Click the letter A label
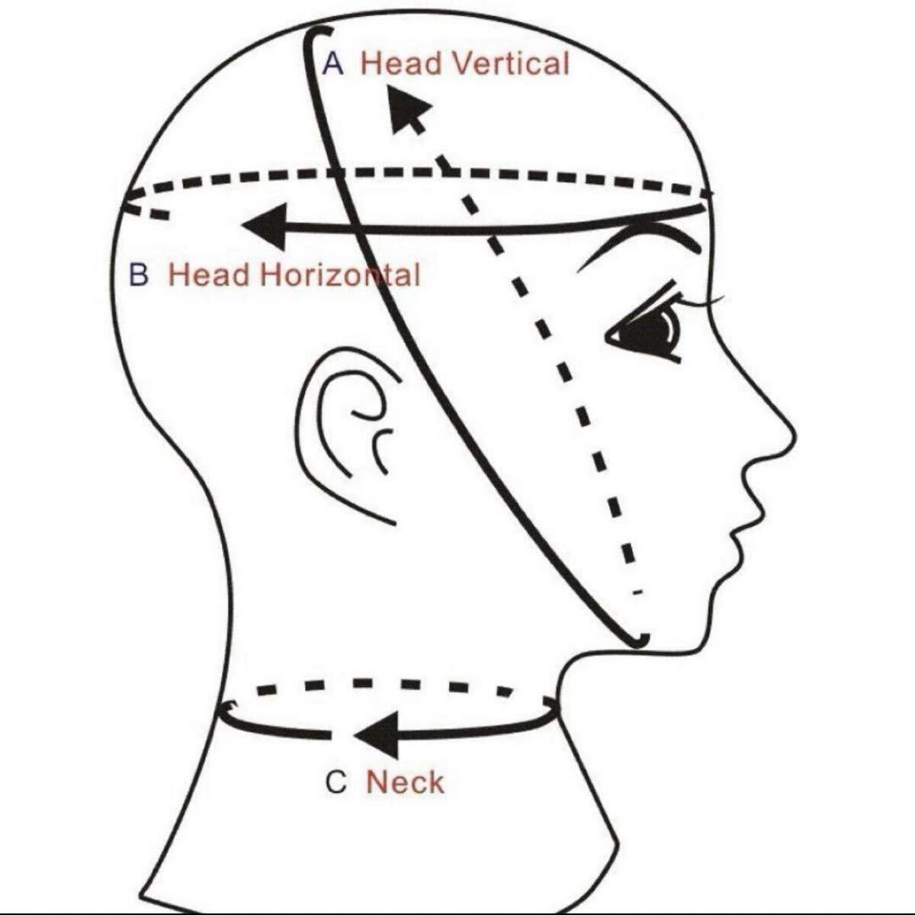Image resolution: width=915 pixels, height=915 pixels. (x=333, y=64)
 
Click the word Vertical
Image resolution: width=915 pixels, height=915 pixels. (x=510, y=63)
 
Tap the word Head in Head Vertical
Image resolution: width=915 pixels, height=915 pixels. (x=401, y=63)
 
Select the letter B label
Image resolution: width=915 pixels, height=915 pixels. (x=139, y=274)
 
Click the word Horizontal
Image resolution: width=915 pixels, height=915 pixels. (x=339, y=274)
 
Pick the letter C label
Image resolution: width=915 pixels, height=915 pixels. (x=336, y=783)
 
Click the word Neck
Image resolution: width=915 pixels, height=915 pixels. (x=405, y=783)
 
